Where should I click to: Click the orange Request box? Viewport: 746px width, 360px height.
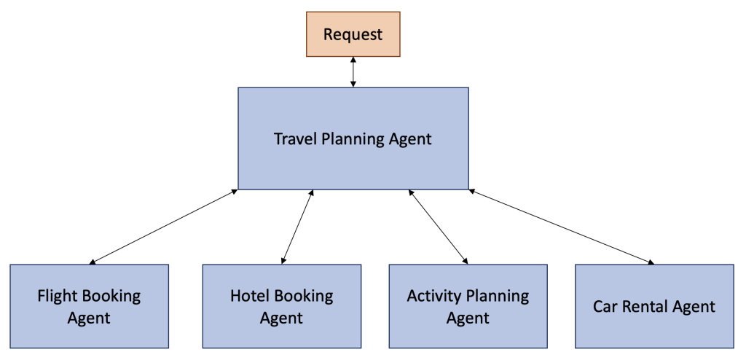pos(353,34)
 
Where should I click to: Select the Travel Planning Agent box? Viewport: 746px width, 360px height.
pos(353,138)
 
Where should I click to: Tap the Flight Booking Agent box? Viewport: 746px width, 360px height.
pos(89,306)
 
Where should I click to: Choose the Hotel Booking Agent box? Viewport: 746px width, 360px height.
pos(281,306)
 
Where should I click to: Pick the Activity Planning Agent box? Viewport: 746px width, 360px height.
pos(468,306)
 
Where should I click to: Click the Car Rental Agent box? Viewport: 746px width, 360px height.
pos(654,306)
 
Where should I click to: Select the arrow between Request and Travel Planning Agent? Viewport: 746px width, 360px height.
pos(353,73)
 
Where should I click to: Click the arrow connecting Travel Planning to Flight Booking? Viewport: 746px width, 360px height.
pos(164,226)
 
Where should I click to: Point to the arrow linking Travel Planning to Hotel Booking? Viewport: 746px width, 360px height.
pos(297,226)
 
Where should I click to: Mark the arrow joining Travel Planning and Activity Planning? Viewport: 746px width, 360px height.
pos(438,226)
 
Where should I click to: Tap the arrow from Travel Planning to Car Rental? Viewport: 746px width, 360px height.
pos(561,226)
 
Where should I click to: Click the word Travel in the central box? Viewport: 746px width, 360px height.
pos(295,138)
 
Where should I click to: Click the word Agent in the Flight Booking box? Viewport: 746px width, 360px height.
pos(89,318)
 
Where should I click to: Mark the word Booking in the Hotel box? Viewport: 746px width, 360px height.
pos(303,297)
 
